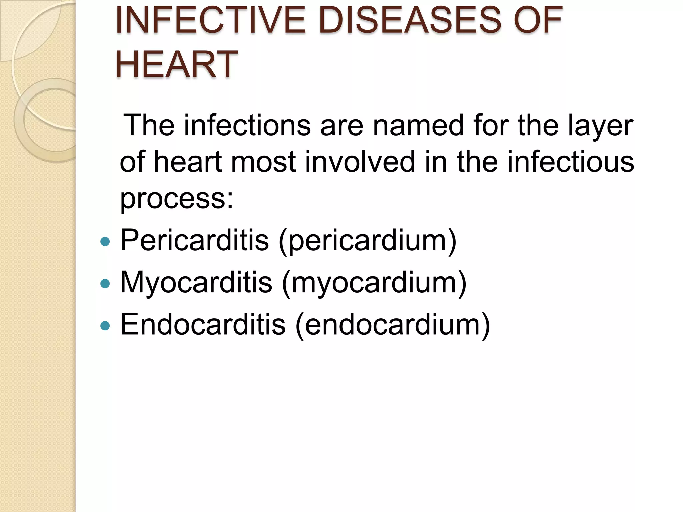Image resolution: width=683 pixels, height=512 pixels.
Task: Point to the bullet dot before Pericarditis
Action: click(105, 241)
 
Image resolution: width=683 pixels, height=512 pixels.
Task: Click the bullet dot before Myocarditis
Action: click(105, 283)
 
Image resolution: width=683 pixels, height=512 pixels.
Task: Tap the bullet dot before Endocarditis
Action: click(105, 325)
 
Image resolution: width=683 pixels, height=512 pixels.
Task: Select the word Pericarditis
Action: click(194, 240)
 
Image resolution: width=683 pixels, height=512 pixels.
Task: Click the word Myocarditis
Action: click(196, 282)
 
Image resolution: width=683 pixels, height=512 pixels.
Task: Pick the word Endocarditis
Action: click(203, 324)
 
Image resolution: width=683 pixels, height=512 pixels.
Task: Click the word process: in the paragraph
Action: click(177, 199)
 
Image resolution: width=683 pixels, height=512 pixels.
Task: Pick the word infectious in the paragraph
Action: click(571, 162)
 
